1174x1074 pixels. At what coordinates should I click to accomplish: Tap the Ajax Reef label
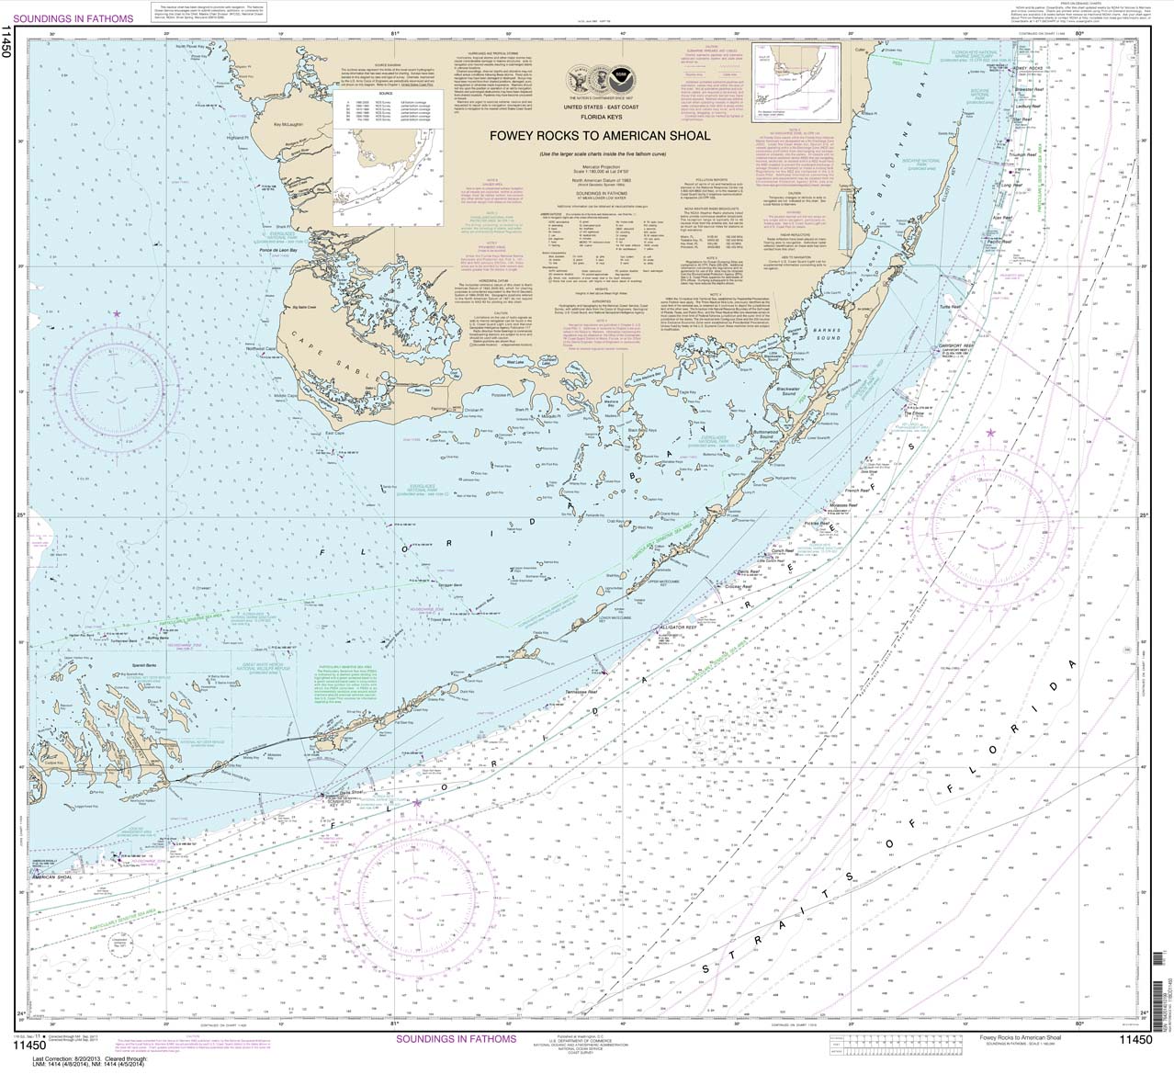(1002, 219)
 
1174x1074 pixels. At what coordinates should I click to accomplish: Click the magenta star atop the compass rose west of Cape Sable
(118, 314)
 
